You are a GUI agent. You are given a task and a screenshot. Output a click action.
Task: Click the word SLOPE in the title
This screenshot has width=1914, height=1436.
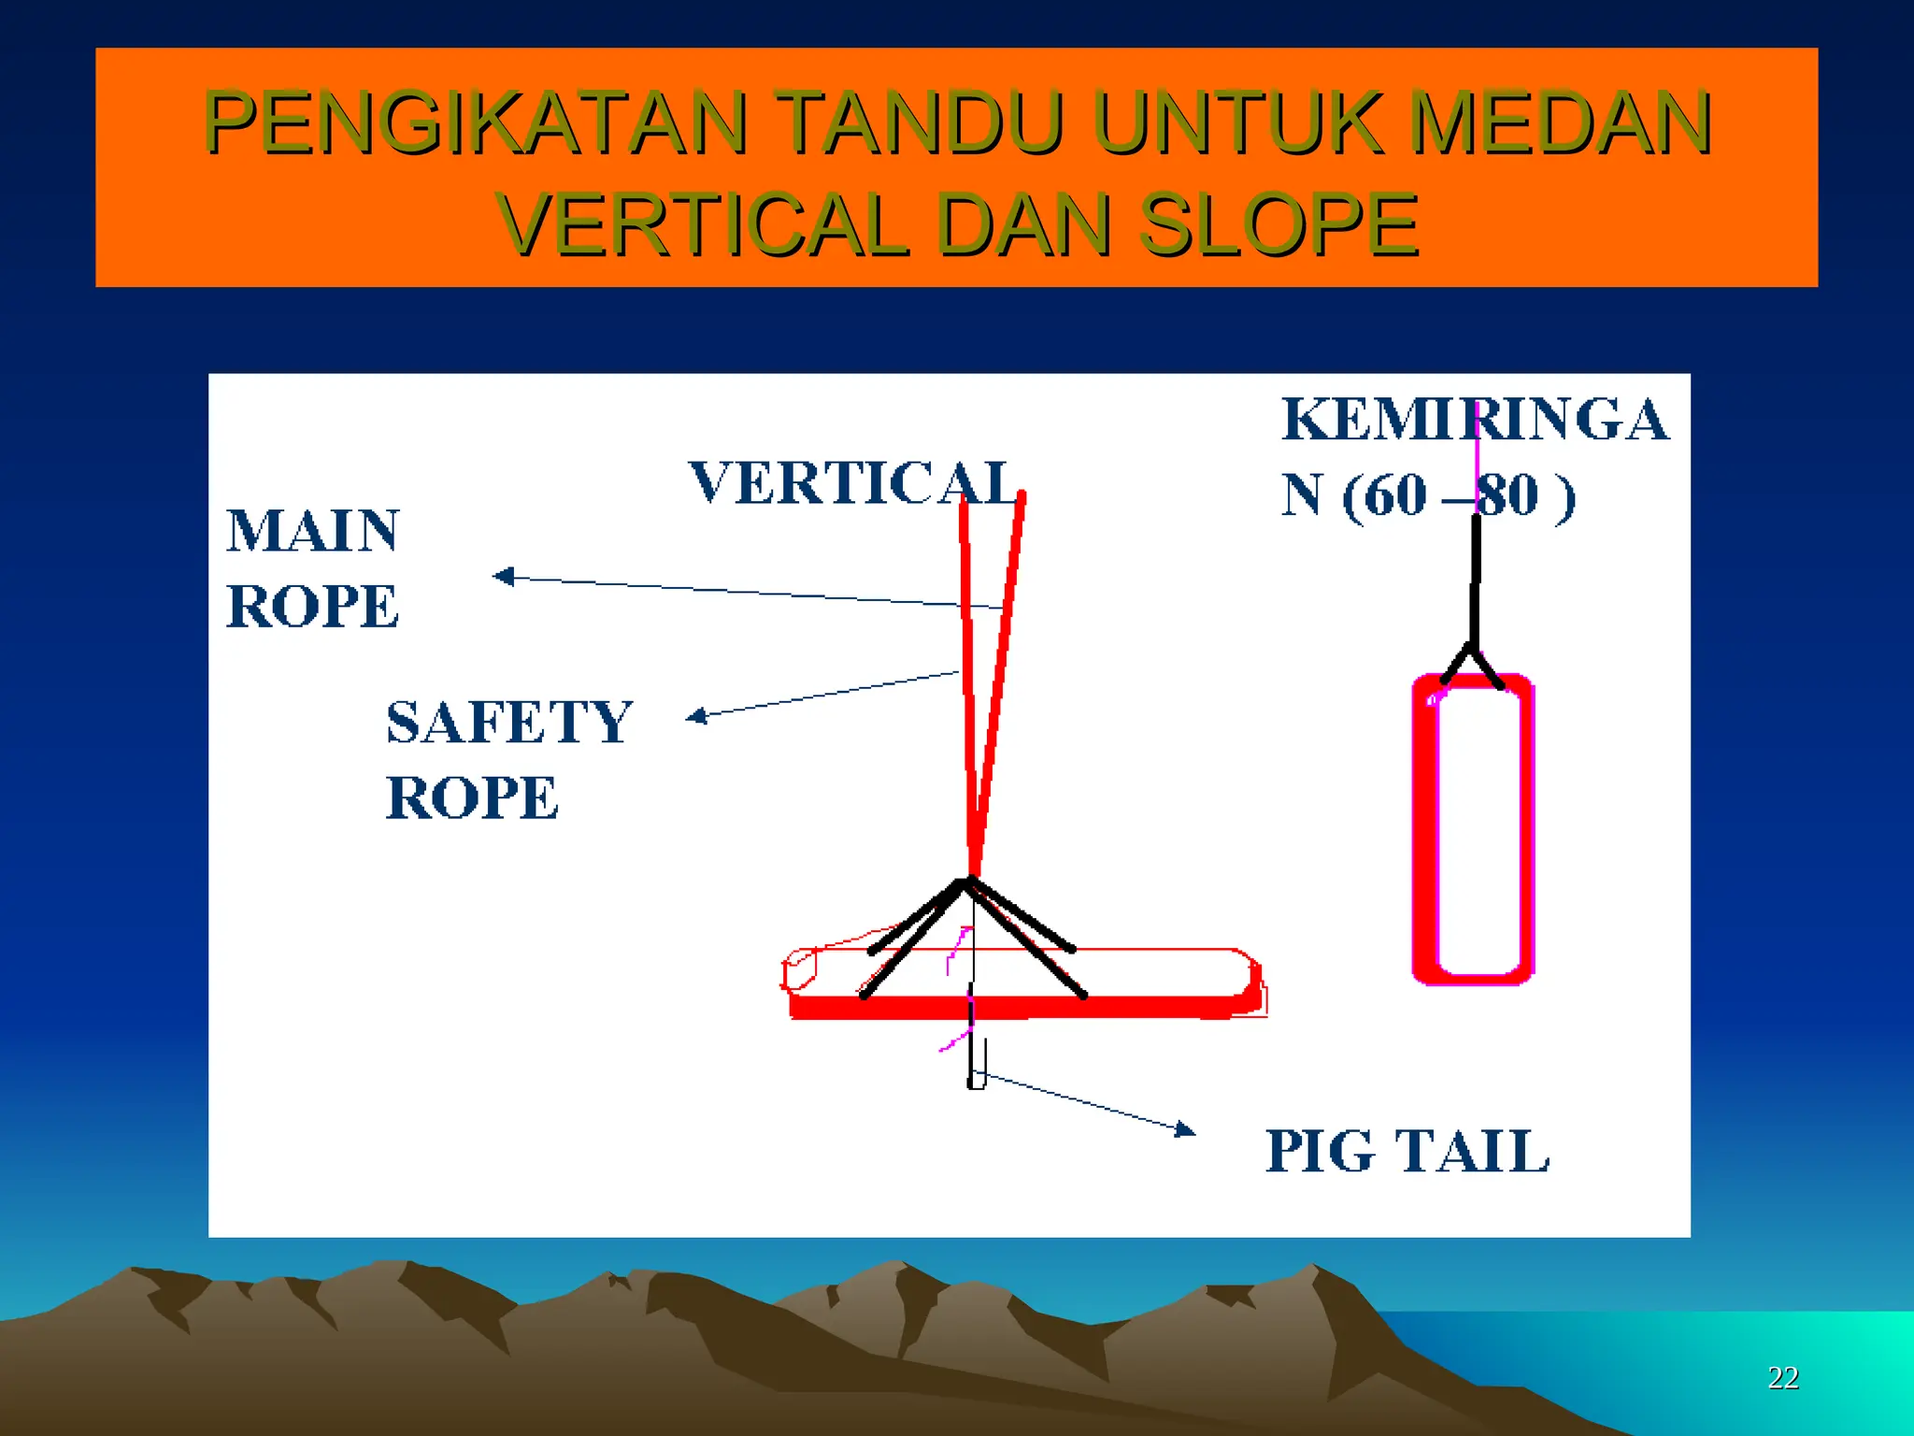1278,225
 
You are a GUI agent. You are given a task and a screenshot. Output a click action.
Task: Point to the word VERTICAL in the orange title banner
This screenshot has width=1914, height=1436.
703,225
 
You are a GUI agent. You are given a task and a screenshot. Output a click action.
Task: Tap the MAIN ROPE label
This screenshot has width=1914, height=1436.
313,568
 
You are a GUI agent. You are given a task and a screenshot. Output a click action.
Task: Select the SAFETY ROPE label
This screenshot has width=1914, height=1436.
509,759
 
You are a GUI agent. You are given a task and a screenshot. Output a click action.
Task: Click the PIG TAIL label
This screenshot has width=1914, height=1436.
1407,1151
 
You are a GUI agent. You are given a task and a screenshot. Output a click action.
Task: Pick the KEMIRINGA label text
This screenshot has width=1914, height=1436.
1475,419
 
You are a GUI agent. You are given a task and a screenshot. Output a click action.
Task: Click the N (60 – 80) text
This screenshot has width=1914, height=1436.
1428,495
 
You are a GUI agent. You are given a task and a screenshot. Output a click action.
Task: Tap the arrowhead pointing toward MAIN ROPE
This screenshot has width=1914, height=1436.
504,576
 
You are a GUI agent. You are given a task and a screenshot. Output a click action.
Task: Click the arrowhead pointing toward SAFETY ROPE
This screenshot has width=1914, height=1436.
696,716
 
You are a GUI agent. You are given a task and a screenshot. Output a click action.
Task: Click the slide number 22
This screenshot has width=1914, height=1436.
1783,1377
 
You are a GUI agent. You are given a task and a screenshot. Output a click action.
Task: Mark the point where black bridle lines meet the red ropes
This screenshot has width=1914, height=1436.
970,881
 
